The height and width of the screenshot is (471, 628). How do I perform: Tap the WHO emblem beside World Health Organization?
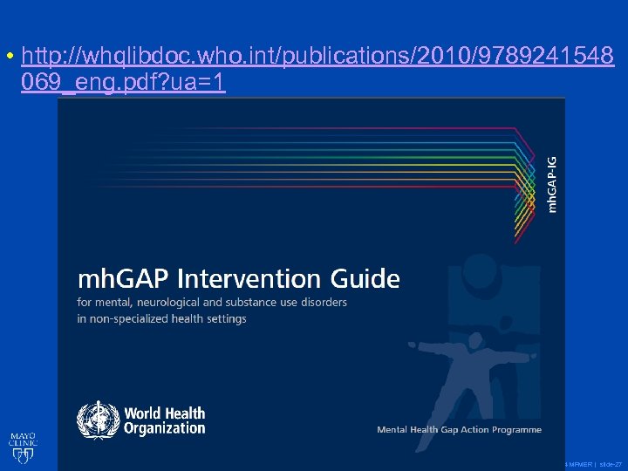tap(96, 420)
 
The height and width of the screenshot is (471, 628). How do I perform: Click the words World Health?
tap(164, 413)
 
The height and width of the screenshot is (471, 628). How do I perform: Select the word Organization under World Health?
tap(165, 427)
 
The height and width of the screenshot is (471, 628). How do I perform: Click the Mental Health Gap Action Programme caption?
tap(459, 429)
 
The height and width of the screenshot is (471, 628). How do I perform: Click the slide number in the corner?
tap(610, 463)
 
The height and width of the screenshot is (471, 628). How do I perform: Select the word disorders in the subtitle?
tap(324, 302)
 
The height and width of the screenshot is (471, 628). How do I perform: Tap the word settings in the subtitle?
tap(226, 318)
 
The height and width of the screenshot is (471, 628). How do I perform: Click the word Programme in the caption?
tap(514, 429)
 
